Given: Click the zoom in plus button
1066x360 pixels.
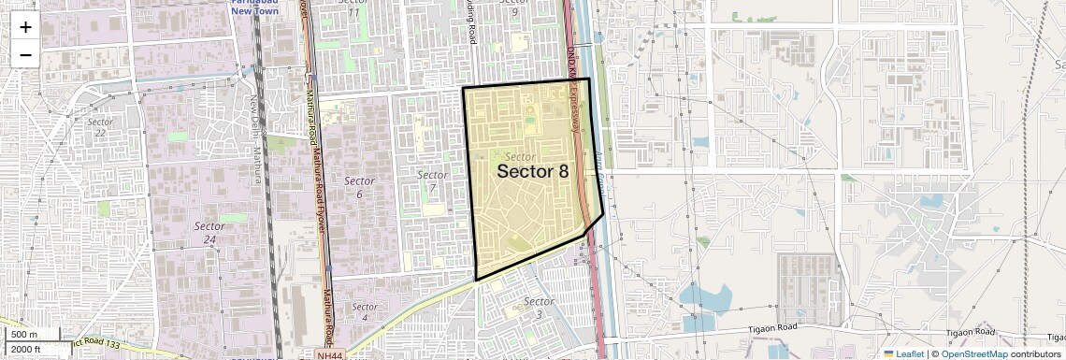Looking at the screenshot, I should tap(25, 27).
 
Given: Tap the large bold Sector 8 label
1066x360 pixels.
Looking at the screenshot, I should tap(532, 172).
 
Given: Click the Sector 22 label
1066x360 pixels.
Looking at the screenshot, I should tap(100, 127).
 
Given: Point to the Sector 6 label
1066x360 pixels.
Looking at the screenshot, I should tap(359, 187).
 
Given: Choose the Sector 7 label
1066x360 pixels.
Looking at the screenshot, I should tap(432, 181).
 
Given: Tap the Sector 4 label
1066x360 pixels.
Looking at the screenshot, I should tap(365, 312).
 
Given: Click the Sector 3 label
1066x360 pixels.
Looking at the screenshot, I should tap(539, 307).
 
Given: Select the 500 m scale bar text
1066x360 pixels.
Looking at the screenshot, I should tap(25, 335).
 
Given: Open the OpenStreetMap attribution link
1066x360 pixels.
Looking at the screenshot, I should tap(973, 354).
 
